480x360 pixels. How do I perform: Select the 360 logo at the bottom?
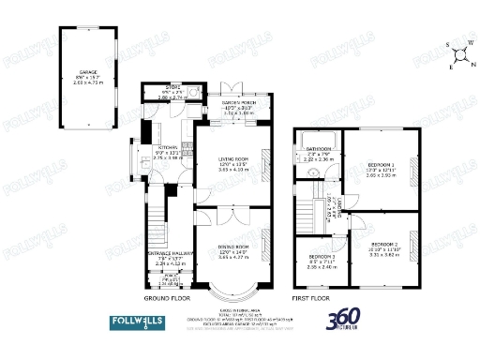pyautogui.click(x=346, y=320)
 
